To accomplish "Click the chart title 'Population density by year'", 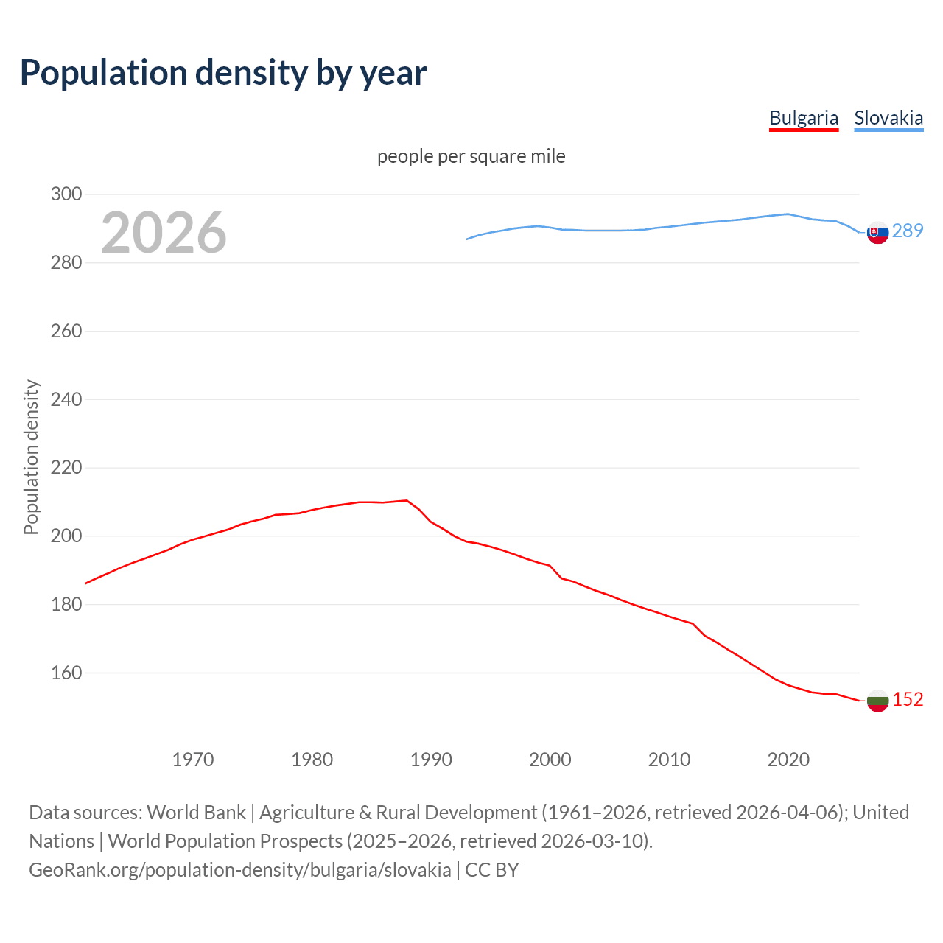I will pyautogui.click(x=223, y=72).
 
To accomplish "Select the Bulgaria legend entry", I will pyautogui.click(x=804, y=118).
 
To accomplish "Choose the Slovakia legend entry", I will pyautogui.click(x=888, y=118).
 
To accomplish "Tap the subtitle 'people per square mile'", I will pyautogui.click(x=471, y=156).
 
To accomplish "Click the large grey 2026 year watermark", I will pyautogui.click(x=164, y=233).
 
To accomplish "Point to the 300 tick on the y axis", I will pyautogui.click(x=66, y=194).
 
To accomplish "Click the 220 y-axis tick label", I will pyautogui.click(x=66, y=468).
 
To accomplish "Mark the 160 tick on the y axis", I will pyautogui.click(x=66, y=673).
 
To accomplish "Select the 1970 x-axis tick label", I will pyautogui.click(x=193, y=760).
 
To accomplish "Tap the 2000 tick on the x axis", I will pyautogui.click(x=550, y=760).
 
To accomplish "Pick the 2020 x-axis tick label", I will pyautogui.click(x=788, y=760).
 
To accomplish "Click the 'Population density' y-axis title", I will pyautogui.click(x=31, y=457).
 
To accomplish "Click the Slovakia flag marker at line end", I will pyautogui.click(x=877, y=232).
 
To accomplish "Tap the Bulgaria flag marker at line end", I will pyautogui.click(x=877, y=701).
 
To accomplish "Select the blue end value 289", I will pyautogui.click(x=908, y=231).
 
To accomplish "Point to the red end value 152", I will pyautogui.click(x=908, y=700).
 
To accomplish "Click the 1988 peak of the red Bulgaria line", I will pyautogui.click(x=407, y=500).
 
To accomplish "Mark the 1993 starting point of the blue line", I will pyautogui.click(x=467, y=239).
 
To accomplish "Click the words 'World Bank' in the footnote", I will pyautogui.click(x=196, y=813).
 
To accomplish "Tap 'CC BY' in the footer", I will pyautogui.click(x=492, y=870).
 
